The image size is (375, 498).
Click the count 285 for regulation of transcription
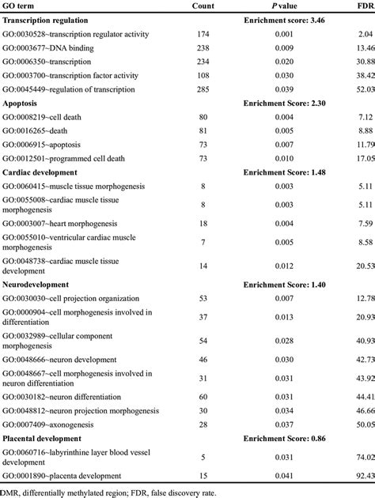tap(203, 91)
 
